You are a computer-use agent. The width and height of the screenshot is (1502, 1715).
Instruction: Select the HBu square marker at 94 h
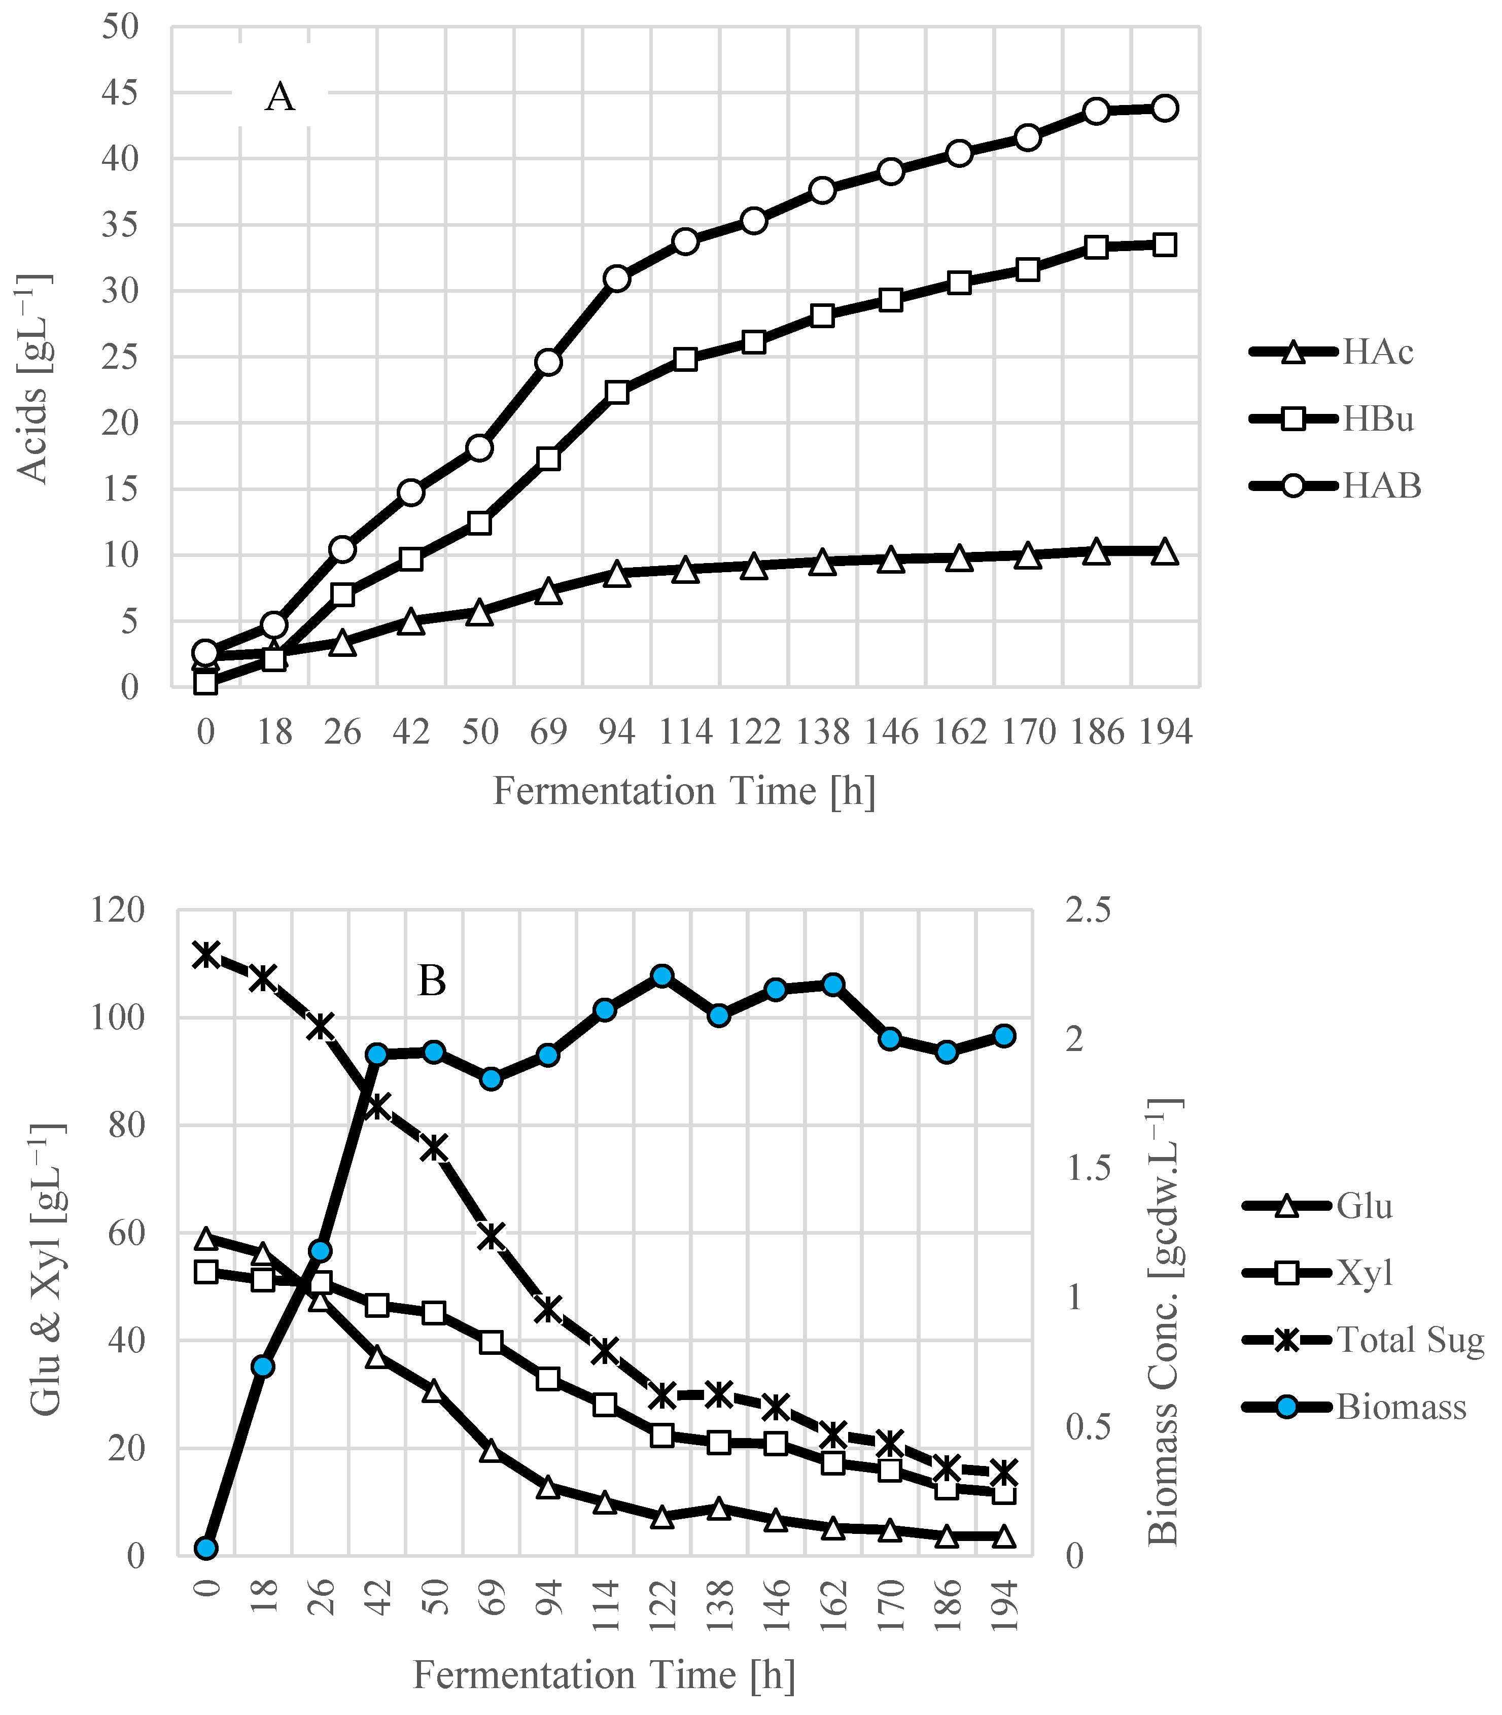[x=617, y=392]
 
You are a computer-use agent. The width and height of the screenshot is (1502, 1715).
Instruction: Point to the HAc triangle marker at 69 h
[x=548, y=591]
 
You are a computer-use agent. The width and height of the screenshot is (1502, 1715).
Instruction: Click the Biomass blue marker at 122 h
[x=662, y=976]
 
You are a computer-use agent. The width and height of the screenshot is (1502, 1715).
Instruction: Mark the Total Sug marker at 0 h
[x=206, y=955]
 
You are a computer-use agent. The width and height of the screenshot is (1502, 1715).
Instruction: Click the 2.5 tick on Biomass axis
[x=1087, y=911]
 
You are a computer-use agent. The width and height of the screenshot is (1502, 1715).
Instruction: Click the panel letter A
[x=280, y=97]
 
